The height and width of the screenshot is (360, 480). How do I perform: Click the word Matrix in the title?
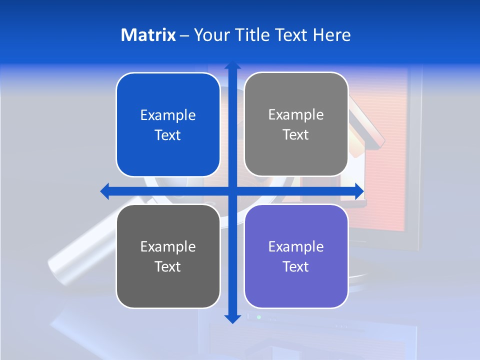[x=148, y=35]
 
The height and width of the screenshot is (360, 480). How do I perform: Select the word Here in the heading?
[x=332, y=35]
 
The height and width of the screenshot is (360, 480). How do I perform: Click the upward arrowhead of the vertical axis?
[x=232, y=65]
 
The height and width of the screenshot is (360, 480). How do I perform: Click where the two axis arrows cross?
[x=232, y=191]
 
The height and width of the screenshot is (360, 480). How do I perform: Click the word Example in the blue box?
[x=168, y=115]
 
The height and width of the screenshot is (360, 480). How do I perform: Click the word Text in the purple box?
[x=296, y=266]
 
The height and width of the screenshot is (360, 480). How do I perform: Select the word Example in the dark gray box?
[x=168, y=246]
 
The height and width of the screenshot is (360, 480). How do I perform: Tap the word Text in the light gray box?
[x=296, y=134]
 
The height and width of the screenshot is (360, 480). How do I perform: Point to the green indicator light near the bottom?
[x=258, y=317]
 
